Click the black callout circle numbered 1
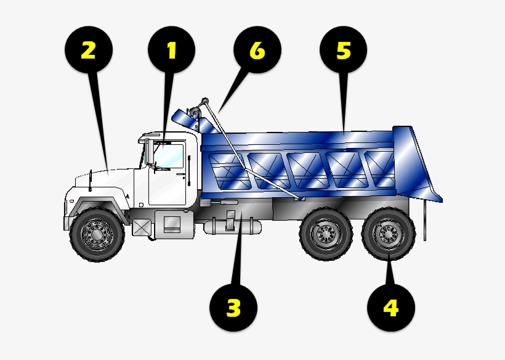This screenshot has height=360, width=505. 171,51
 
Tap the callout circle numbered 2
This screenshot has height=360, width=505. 88,51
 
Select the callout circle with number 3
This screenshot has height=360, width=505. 233,307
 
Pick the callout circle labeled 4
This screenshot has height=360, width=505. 390,307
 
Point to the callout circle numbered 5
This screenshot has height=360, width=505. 343,51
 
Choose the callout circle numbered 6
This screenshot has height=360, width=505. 257,51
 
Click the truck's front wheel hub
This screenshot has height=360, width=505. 96,234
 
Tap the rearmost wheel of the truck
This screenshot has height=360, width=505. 387,234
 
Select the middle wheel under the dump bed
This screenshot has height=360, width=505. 325,234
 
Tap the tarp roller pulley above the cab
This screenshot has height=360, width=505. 195,113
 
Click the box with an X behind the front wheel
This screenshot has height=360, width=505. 141,227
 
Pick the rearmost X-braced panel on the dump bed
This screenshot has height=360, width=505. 379,168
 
